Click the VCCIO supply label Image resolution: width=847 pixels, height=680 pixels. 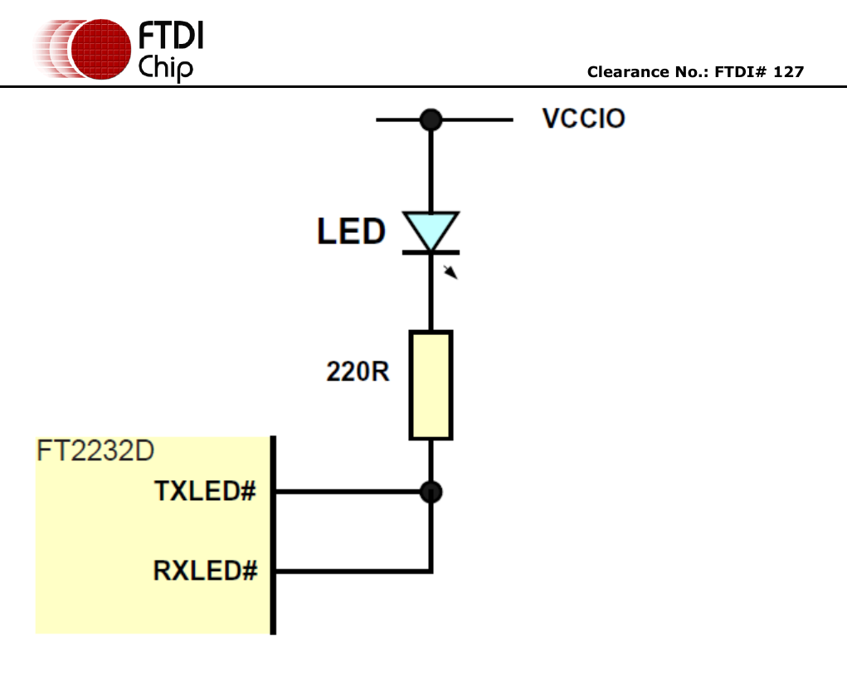(x=584, y=119)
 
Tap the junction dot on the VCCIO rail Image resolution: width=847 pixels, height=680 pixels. (x=430, y=119)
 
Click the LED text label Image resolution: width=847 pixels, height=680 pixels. (x=351, y=231)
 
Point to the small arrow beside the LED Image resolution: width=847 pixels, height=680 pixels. (x=450, y=271)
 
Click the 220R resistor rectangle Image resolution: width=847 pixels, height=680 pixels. (x=431, y=385)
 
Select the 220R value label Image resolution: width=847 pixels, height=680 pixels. (x=358, y=372)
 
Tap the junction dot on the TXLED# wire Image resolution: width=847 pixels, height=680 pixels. (x=431, y=492)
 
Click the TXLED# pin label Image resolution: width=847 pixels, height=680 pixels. (x=205, y=491)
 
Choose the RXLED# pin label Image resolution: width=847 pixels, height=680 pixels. (x=205, y=571)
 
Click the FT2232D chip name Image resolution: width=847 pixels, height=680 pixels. (x=95, y=452)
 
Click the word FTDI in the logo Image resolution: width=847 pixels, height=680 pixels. (x=170, y=36)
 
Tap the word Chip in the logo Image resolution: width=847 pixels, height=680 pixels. (x=165, y=66)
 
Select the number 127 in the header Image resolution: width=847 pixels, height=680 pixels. (x=788, y=72)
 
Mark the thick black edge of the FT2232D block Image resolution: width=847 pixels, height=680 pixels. (x=273, y=535)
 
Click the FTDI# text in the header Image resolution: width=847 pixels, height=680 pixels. (x=742, y=72)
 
